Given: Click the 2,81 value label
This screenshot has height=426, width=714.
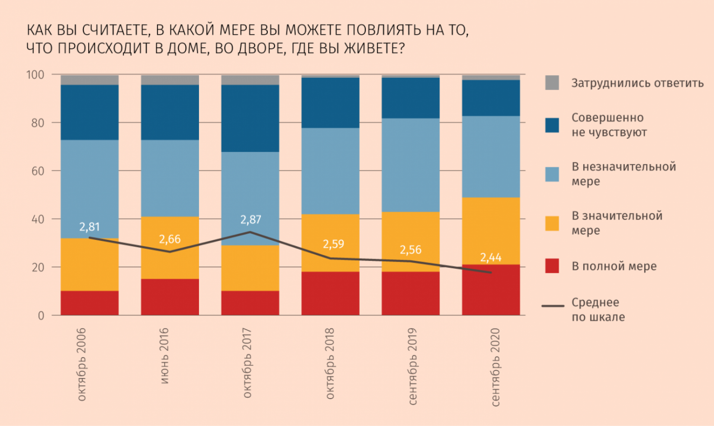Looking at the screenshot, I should click(x=90, y=227).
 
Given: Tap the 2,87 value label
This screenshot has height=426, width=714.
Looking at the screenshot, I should click(x=251, y=220).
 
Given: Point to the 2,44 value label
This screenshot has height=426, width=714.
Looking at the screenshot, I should click(x=491, y=257).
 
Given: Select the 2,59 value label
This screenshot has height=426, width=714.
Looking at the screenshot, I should click(x=334, y=244).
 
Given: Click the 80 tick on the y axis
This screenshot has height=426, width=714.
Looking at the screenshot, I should click(x=38, y=123).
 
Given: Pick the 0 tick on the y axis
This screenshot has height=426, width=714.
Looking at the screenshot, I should click(x=41, y=316).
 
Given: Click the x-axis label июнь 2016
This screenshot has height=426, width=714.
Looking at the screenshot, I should click(x=164, y=356).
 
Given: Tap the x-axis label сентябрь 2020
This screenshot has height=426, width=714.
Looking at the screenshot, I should click(x=495, y=367).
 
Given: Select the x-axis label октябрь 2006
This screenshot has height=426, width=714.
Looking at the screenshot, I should click(x=81, y=364).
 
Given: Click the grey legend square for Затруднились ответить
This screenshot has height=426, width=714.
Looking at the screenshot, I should click(x=552, y=83).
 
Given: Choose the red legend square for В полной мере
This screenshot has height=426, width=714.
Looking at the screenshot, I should click(x=552, y=266).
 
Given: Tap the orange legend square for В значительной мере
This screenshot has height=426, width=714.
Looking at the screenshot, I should click(x=552, y=223).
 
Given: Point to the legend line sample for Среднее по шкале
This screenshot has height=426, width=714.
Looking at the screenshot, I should click(x=553, y=306).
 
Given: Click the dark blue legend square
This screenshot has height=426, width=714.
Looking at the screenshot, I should click(x=552, y=125).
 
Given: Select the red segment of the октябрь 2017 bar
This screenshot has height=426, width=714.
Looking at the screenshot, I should click(x=250, y=303).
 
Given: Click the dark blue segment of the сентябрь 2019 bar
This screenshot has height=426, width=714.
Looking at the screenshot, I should click(x=411, y=98).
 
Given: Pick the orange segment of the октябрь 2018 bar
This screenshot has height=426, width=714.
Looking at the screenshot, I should click(x=331, y=243).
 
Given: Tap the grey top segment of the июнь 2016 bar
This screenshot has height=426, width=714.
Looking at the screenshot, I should click(x=170, y=80).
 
